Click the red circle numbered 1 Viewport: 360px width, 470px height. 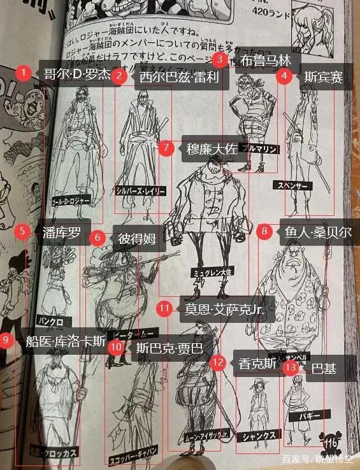24,73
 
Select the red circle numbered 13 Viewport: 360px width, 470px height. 291,367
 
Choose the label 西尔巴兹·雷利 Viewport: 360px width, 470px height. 176,77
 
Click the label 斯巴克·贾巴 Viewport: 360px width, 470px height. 169,348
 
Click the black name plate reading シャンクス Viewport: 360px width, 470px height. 258,436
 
